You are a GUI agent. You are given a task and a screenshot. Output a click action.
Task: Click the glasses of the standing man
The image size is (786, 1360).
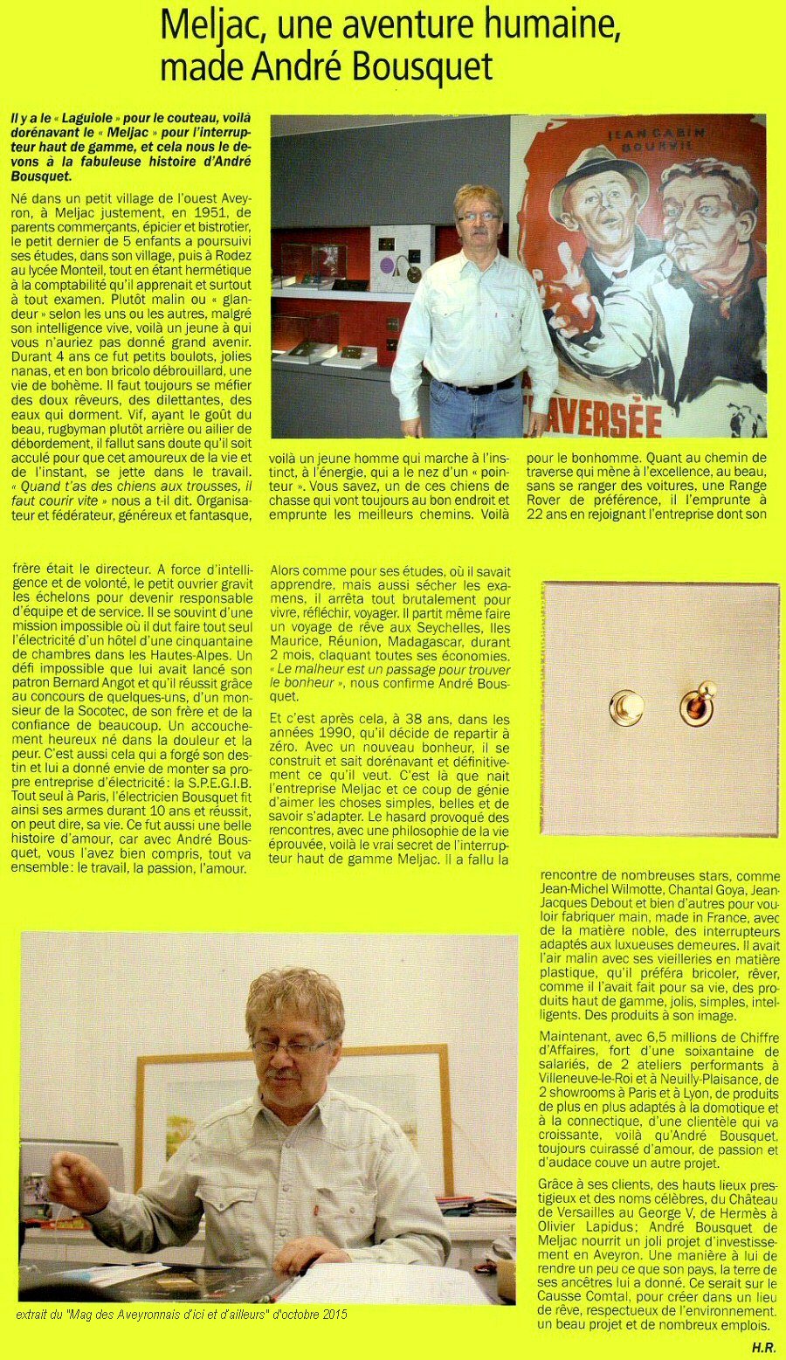click(x=479, y=216)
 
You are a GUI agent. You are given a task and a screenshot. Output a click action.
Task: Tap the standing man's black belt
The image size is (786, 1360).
click(x=479, y=386)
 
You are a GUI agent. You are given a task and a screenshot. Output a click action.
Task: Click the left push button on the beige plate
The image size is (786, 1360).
click(x=626, y=706)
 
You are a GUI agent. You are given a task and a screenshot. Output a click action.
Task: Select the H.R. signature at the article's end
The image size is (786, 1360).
click(x=763, y=1347)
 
